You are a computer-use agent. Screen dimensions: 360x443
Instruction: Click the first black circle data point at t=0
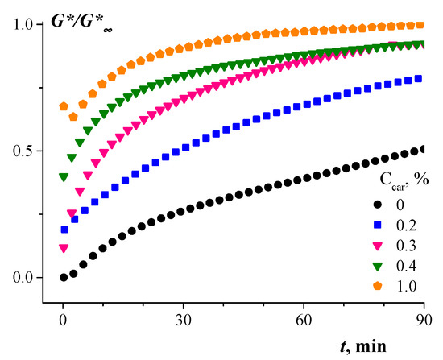pyautogui.click(x=64, y=277)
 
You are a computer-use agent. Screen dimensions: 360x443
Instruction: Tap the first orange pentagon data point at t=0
pyautogui.click(x=64, y=106)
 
